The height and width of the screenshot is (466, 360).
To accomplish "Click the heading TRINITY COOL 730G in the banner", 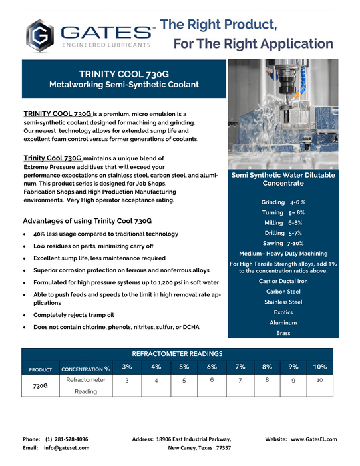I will coord(124,74).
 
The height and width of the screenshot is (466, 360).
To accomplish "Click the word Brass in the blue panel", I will coord(283,333).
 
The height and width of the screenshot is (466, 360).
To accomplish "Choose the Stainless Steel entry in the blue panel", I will coord(283,302).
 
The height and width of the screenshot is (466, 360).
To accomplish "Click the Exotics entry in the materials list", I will coord(283,312).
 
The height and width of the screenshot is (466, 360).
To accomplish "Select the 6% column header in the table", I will coord(212,367).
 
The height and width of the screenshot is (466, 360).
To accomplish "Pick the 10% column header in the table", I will coord(320,367).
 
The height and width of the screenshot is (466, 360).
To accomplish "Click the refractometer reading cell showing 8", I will coord(267,380).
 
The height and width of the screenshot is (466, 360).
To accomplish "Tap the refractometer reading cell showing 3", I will coord(126,381).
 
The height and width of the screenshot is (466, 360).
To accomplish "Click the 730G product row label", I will coord(41,385).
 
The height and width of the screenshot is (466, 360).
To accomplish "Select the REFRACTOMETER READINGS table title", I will coord(177,353).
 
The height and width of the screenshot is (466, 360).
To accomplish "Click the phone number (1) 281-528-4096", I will coord(67,439).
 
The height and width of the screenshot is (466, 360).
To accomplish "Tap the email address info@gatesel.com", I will coord(67,449).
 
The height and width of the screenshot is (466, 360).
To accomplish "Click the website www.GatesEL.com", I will coord(313,439).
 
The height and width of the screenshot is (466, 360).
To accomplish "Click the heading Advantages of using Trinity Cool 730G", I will coord(88,221).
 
